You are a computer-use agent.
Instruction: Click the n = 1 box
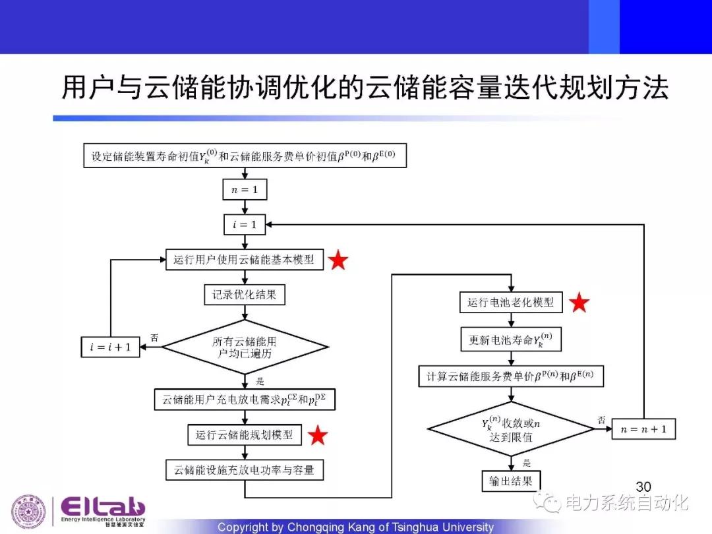tap(245, 191)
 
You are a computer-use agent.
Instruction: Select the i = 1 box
tap(245, 225)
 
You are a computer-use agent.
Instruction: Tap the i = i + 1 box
tap(111, 347)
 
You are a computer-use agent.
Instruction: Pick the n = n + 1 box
tap(644, 430)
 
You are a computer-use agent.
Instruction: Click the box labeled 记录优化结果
tap(245, 295)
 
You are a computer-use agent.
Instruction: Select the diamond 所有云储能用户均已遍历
tap(245, 347)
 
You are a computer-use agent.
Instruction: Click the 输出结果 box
tap(511, 481)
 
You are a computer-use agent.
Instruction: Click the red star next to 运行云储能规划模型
tap(318, 435)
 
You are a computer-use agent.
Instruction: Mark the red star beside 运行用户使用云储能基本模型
tap(338, 260)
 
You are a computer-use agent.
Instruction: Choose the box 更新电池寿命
tap(511, 340)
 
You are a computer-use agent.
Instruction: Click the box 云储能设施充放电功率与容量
tap(245, 470)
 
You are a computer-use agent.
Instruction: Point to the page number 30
tap(643, 488)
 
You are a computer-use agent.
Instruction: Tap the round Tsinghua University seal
tap(28, 512)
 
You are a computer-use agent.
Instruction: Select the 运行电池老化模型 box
tap(511, 303)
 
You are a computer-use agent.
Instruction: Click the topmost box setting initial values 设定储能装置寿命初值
tap(245, 157)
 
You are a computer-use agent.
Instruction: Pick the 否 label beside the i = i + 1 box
tap(154, 338)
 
